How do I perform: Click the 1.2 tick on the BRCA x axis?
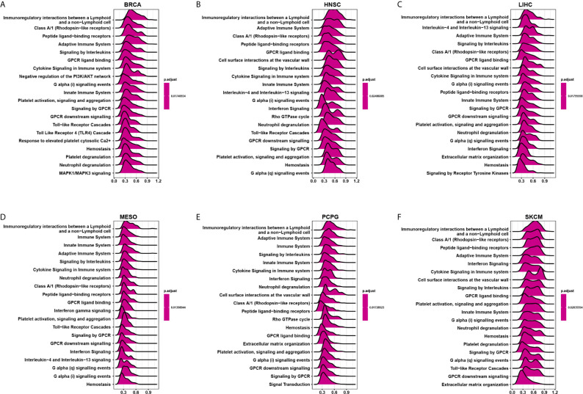click(x=159, y=180)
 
